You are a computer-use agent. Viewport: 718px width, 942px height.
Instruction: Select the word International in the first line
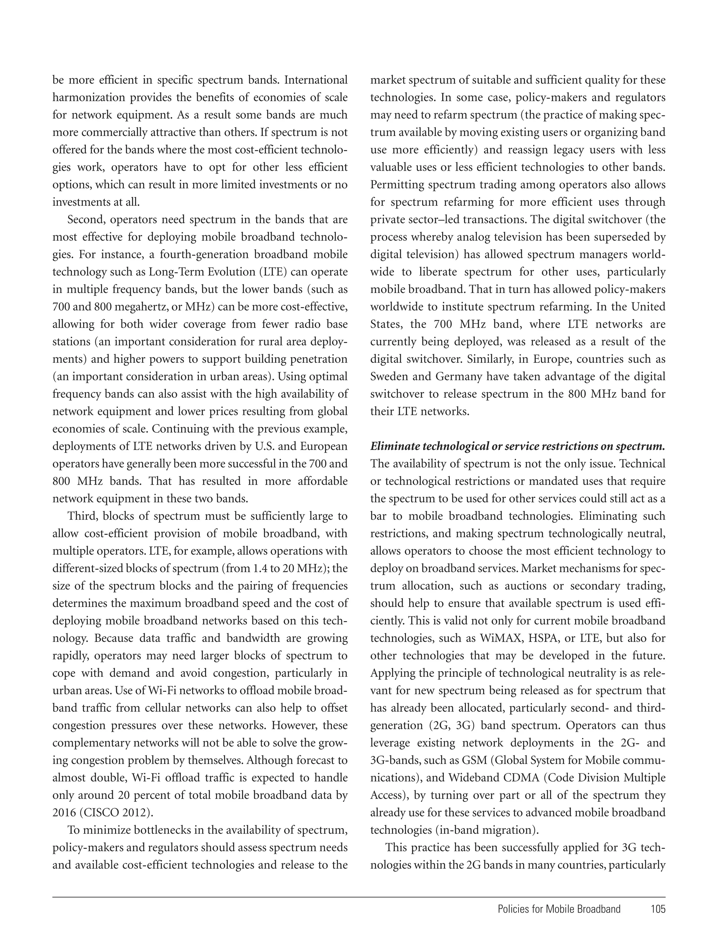click(x=316, y=80)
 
